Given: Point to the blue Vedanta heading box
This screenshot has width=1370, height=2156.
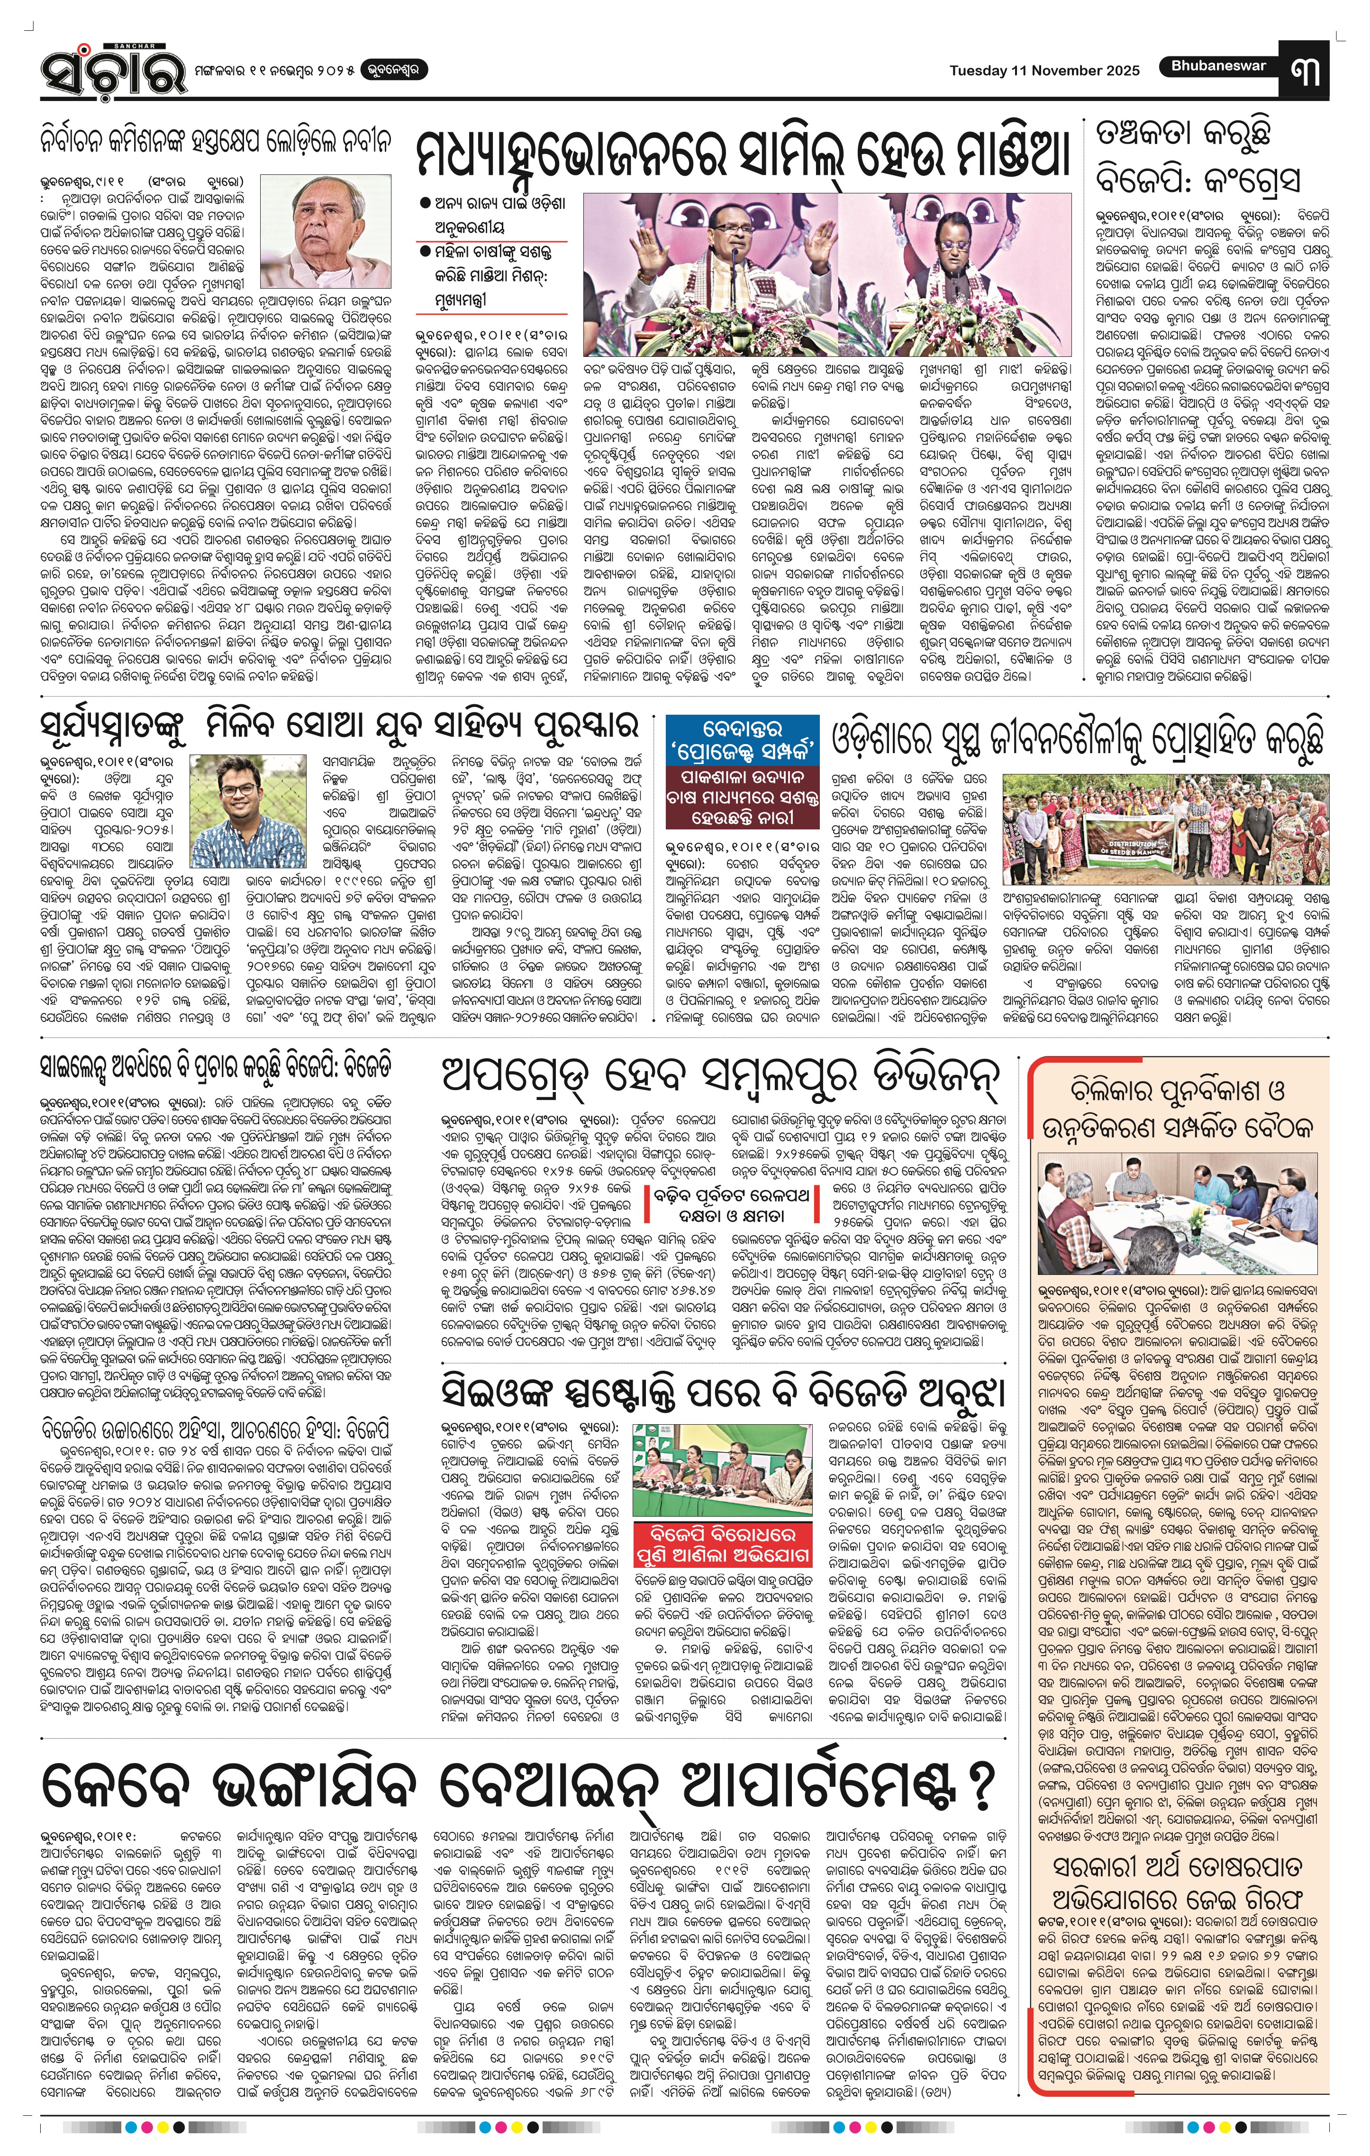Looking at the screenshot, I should (x=742, y=737).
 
